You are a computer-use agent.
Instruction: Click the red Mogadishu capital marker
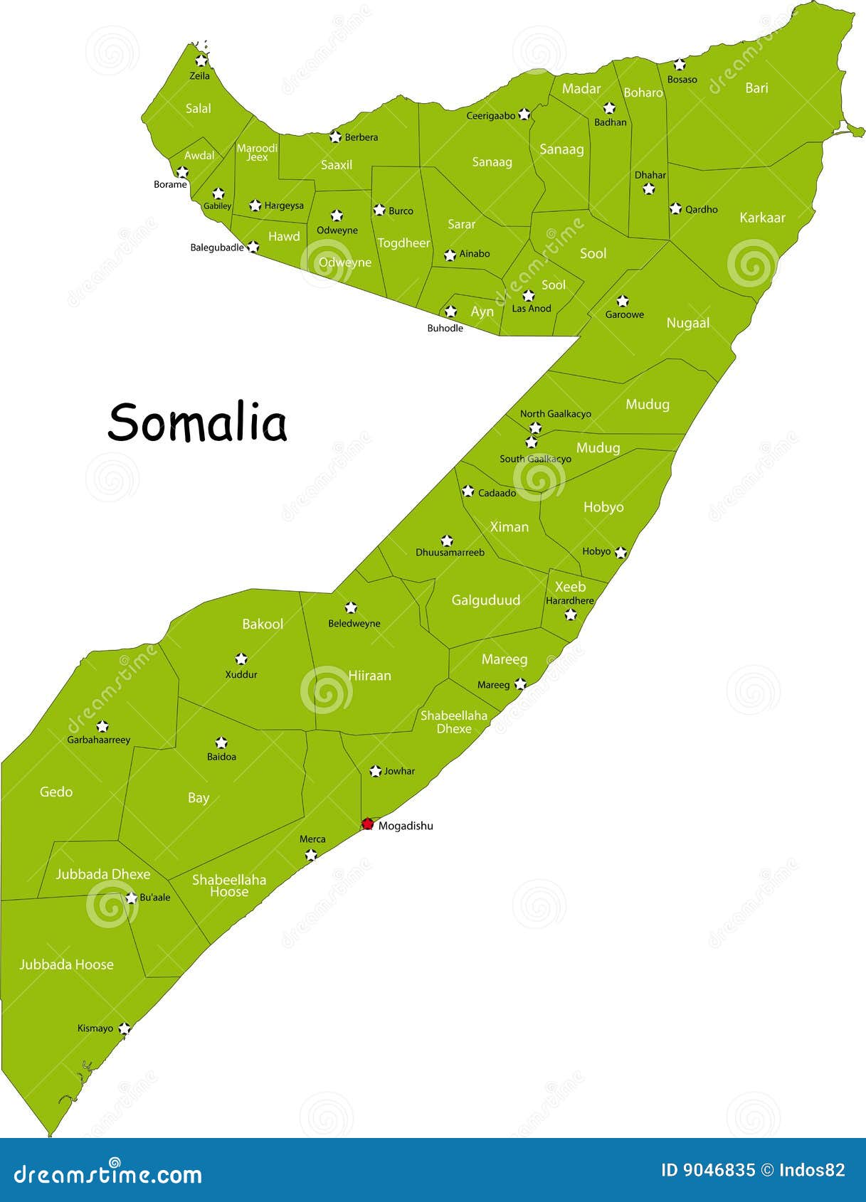tap(367, 824)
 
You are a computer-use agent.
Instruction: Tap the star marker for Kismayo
tap(125, 1028)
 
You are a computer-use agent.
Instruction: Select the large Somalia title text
tap(197, 422)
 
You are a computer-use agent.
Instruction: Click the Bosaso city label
tap(682, 80)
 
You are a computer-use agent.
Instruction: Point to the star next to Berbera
tap(336, 137)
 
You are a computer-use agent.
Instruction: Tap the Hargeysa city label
tap(284, 206)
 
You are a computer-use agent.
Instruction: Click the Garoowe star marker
tap(623, 301)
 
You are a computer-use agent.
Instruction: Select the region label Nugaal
tap(687, 323)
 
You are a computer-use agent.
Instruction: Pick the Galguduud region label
tap(486, 600)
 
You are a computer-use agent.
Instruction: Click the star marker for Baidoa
tap(221, 743)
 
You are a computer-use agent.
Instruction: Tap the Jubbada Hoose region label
tap(66, 964)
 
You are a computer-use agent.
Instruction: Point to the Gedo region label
tap(56, 792)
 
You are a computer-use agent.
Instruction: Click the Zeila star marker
tap(201, 61)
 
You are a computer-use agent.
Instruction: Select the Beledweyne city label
tap(354, 624)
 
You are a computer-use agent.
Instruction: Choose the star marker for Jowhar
tap(376, 771)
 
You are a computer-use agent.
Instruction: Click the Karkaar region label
tap(762, 218)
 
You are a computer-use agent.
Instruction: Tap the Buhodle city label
tap(445, 328)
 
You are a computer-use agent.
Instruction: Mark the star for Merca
tap(311, 854)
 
